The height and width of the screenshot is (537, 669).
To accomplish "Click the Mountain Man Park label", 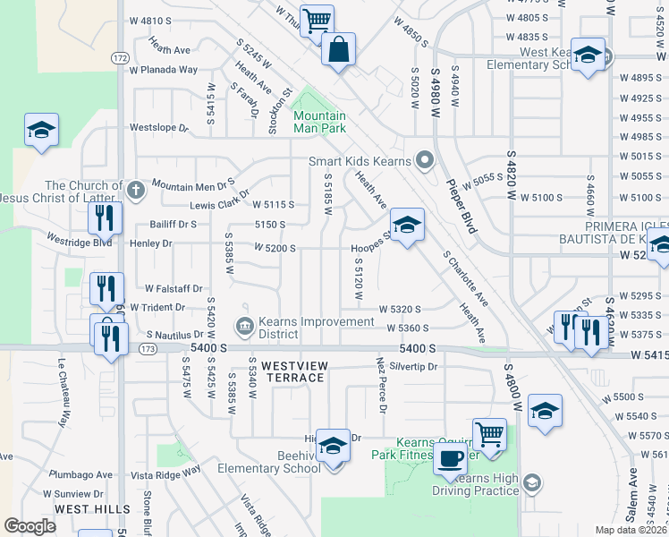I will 319,123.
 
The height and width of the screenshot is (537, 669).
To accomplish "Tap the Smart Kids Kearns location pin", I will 425,161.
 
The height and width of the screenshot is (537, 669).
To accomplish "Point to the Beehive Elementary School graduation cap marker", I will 333,445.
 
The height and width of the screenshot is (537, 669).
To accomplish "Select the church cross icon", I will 135,190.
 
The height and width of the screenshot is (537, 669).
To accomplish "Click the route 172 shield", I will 120,57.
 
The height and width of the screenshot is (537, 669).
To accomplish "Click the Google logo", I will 30,526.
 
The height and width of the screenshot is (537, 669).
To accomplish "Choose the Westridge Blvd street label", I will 80,241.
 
